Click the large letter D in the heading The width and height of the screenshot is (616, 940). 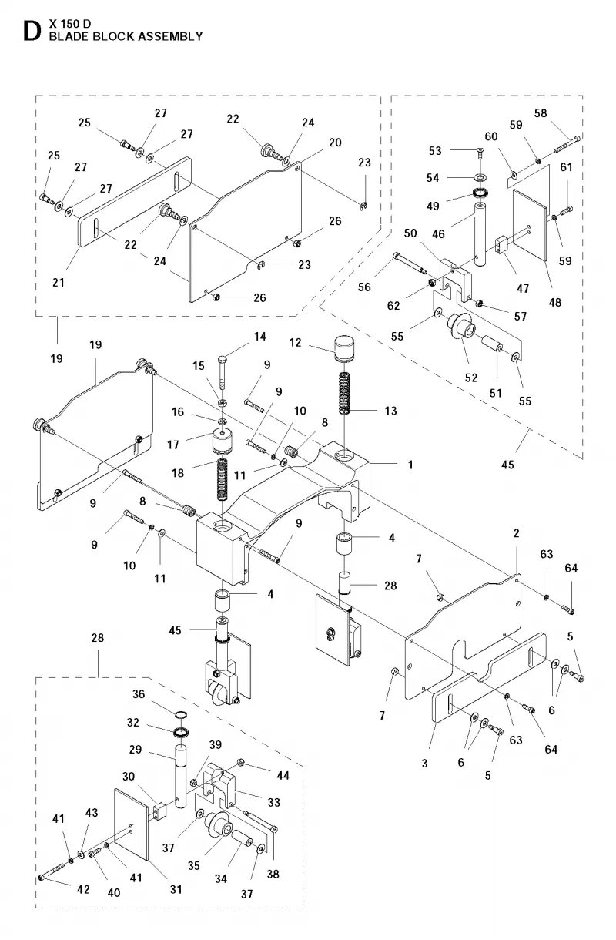click(32, 31)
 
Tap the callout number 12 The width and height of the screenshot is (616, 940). click(295, 342)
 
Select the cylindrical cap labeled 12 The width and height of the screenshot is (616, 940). click(344, 347)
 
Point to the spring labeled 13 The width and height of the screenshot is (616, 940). click(344, 387)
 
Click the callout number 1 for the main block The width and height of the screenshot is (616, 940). click(410, 465)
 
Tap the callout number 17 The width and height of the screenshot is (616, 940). click(173, 445)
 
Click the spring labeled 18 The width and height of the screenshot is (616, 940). click(223, 478)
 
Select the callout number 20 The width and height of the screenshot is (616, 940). click(335, 143)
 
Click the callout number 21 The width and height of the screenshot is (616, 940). click(59, 283)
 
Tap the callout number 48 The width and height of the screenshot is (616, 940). click(554, 302)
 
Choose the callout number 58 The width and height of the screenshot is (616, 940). click(541, 113)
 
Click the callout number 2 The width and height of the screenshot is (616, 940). click(516, 533)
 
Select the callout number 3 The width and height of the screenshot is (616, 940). click(424, 764)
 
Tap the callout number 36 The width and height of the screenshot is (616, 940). click(139, 694)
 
